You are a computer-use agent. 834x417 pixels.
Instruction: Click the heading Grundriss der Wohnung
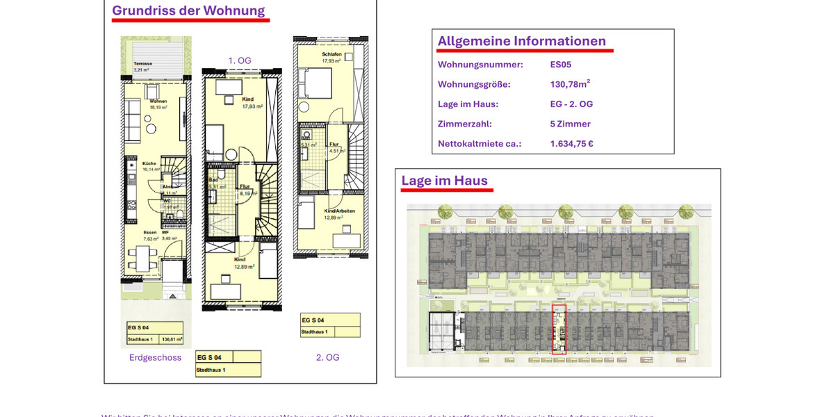click(x=188, y=10)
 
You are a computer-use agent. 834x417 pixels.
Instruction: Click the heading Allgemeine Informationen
click(x=521, y=41)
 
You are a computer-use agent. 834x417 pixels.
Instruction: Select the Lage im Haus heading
click(x=444, y=181)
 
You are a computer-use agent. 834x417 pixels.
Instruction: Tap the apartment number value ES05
click(x=560, y=65)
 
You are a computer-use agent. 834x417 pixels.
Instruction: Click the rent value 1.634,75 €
click(x=571, y=144)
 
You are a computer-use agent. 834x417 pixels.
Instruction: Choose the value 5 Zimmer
click(x=570, y=124)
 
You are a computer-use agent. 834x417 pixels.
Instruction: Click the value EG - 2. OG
click(x=571, y=104)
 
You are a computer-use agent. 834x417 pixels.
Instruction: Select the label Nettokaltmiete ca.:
click(x=480, y=144)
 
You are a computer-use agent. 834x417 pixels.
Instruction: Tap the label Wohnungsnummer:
click(x=480, y=65)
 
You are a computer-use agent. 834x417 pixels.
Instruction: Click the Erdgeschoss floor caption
click(x=155, y=357)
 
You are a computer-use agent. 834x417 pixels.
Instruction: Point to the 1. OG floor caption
click(x=240, y=60)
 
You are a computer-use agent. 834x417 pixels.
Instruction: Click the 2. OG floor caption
click(x=327, y=357)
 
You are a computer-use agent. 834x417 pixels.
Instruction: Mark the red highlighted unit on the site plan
click(x=559, y=329)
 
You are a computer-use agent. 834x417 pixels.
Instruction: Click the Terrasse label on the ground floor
click(x=142, y=63)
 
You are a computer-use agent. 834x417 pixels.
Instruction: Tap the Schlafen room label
click(x=332, y=54)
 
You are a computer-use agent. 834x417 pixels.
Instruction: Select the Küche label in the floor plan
click(x=149, y=163)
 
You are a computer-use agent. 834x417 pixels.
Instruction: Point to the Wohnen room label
click(x=158, y=101)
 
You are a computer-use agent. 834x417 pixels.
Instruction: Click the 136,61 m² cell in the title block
click(x=172, y=340)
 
